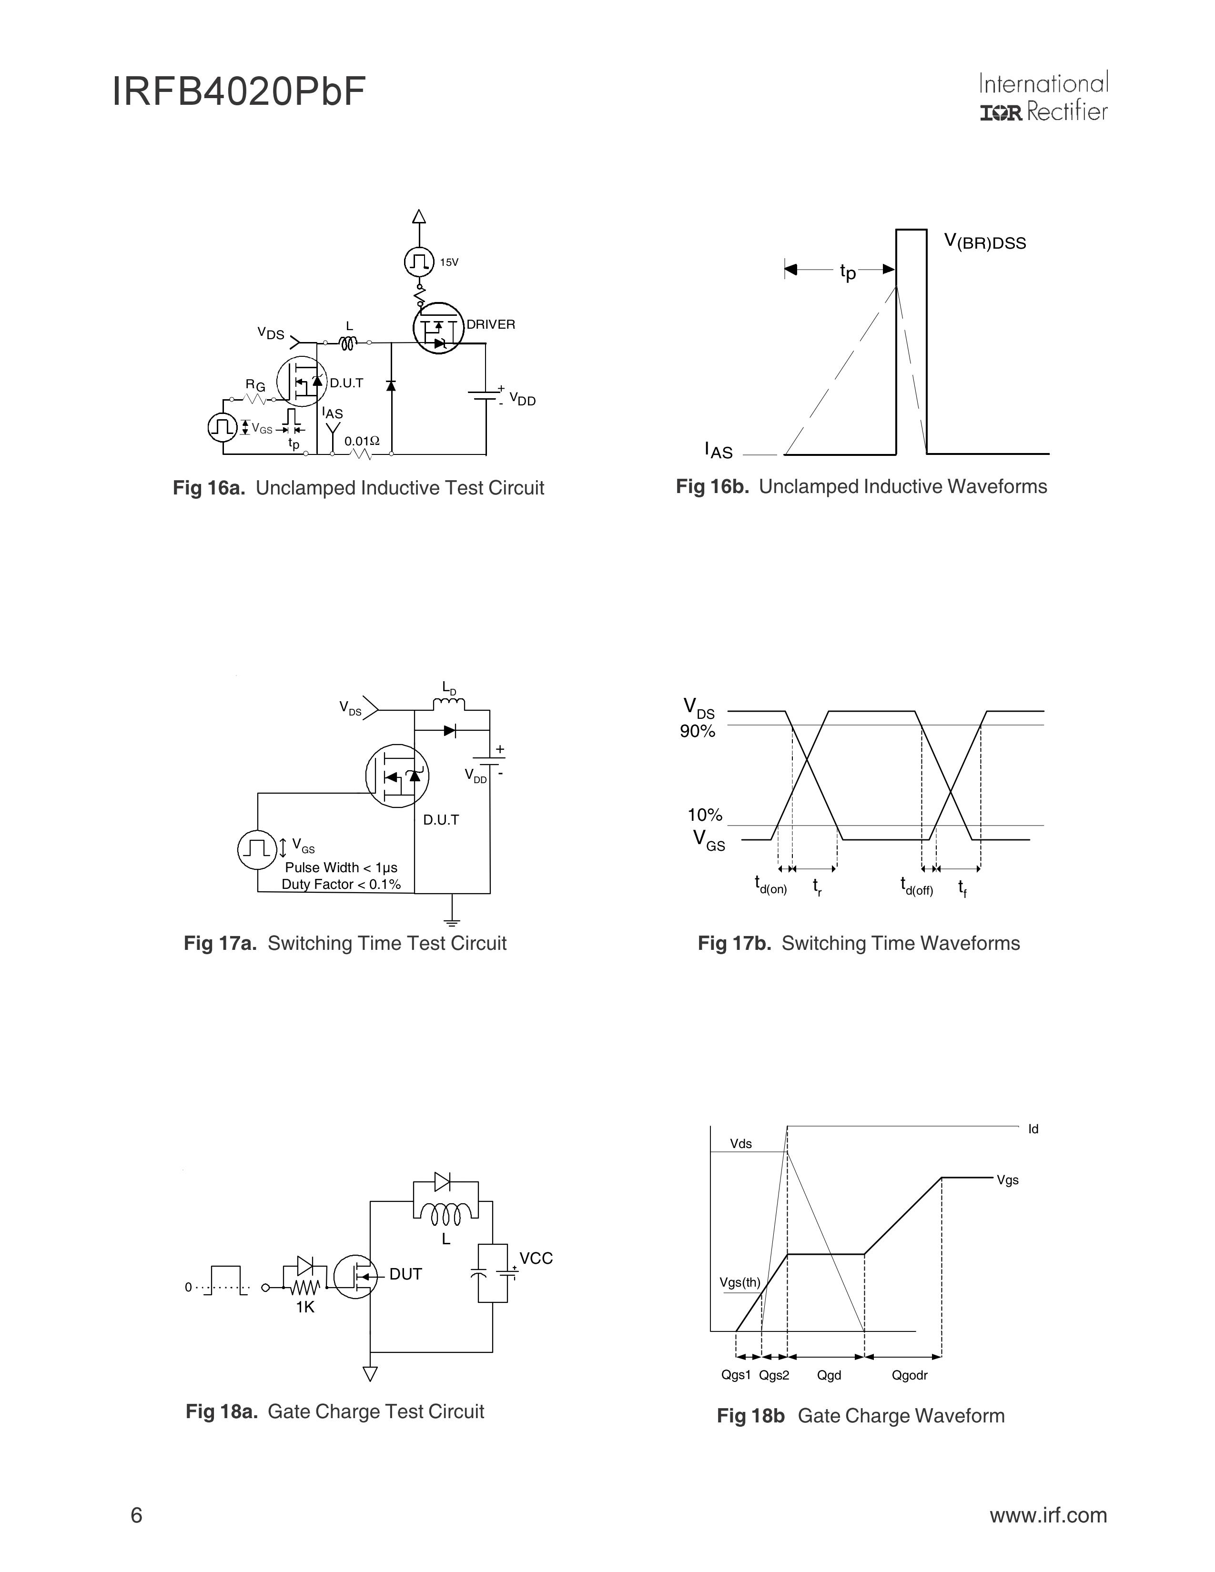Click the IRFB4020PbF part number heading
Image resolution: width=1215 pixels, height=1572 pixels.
coord(239,92)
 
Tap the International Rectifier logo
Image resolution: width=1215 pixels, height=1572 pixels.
coord(1043,96)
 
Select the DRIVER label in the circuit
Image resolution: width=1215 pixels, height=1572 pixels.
coord(491,324)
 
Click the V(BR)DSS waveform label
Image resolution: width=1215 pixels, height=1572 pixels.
coord(985,242)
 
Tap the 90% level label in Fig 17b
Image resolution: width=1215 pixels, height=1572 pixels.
coord(698,731)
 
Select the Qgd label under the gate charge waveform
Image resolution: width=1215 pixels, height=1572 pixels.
coord(829,1376)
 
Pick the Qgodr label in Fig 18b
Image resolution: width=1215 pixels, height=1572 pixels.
coord(910,1376)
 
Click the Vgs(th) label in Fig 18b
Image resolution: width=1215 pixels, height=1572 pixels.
coord(740,1282)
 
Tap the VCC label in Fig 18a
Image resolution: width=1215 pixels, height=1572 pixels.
coord(536,1258)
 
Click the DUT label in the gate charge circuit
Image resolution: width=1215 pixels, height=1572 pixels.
coord(405,1274)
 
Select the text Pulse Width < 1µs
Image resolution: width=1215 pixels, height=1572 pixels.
coord(341,867)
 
